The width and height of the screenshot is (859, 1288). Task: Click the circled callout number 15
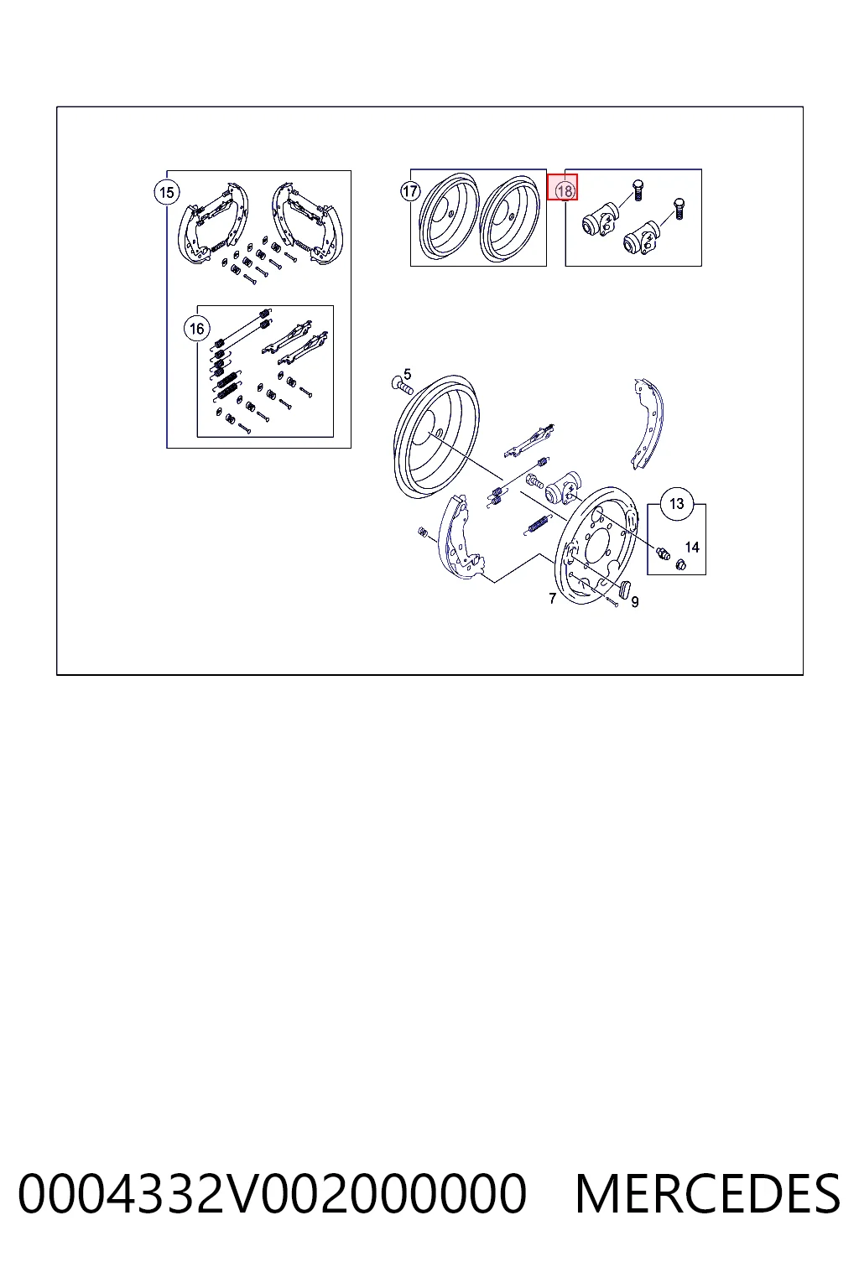167,192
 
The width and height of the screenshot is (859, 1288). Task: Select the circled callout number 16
197,329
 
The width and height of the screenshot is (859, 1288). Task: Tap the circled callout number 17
410,191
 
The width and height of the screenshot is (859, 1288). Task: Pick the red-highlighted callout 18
563,188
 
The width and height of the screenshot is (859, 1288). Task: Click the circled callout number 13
677,504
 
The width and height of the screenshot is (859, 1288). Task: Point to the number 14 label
692,548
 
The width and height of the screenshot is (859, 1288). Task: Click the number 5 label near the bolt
408,374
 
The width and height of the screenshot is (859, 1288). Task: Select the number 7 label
552,599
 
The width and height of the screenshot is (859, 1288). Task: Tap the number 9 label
635,602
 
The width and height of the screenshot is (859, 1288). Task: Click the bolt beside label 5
402,385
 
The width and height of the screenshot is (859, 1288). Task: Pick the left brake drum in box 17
448,216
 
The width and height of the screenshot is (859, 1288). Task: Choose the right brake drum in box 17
510,219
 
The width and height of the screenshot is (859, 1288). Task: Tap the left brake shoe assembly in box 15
213,223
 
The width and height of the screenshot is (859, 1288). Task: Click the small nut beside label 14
680,564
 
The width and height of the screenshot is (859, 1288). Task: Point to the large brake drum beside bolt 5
436,437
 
